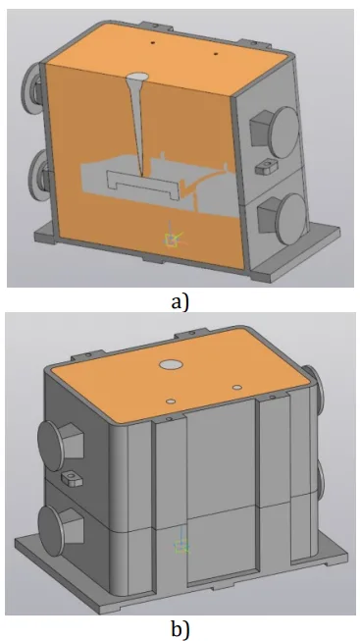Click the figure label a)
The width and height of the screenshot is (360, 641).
click(x=180, y=302)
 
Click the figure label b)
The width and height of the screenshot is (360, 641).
click(x=180, y=630)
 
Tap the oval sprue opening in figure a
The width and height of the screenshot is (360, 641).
click(x=137, y=77)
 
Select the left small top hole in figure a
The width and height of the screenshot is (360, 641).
click(x=153, y=42)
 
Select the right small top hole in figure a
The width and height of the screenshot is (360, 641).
click(x=216, y=53)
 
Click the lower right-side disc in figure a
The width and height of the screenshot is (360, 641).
click(x=291, y=219)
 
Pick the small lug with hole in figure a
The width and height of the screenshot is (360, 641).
click(x=265, y=166)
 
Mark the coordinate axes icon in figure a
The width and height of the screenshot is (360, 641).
click(x=173, y=238)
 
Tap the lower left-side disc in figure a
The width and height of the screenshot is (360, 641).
click(x=36, y=176)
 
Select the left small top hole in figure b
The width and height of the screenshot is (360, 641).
click(x=171, y=401)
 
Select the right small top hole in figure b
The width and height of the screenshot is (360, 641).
click(x=236, y=387)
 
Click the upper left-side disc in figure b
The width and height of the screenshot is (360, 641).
click(x=54, y=446)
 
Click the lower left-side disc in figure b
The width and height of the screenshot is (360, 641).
click(x=54, y=532)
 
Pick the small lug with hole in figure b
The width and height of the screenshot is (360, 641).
click(x=72, y=477)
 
